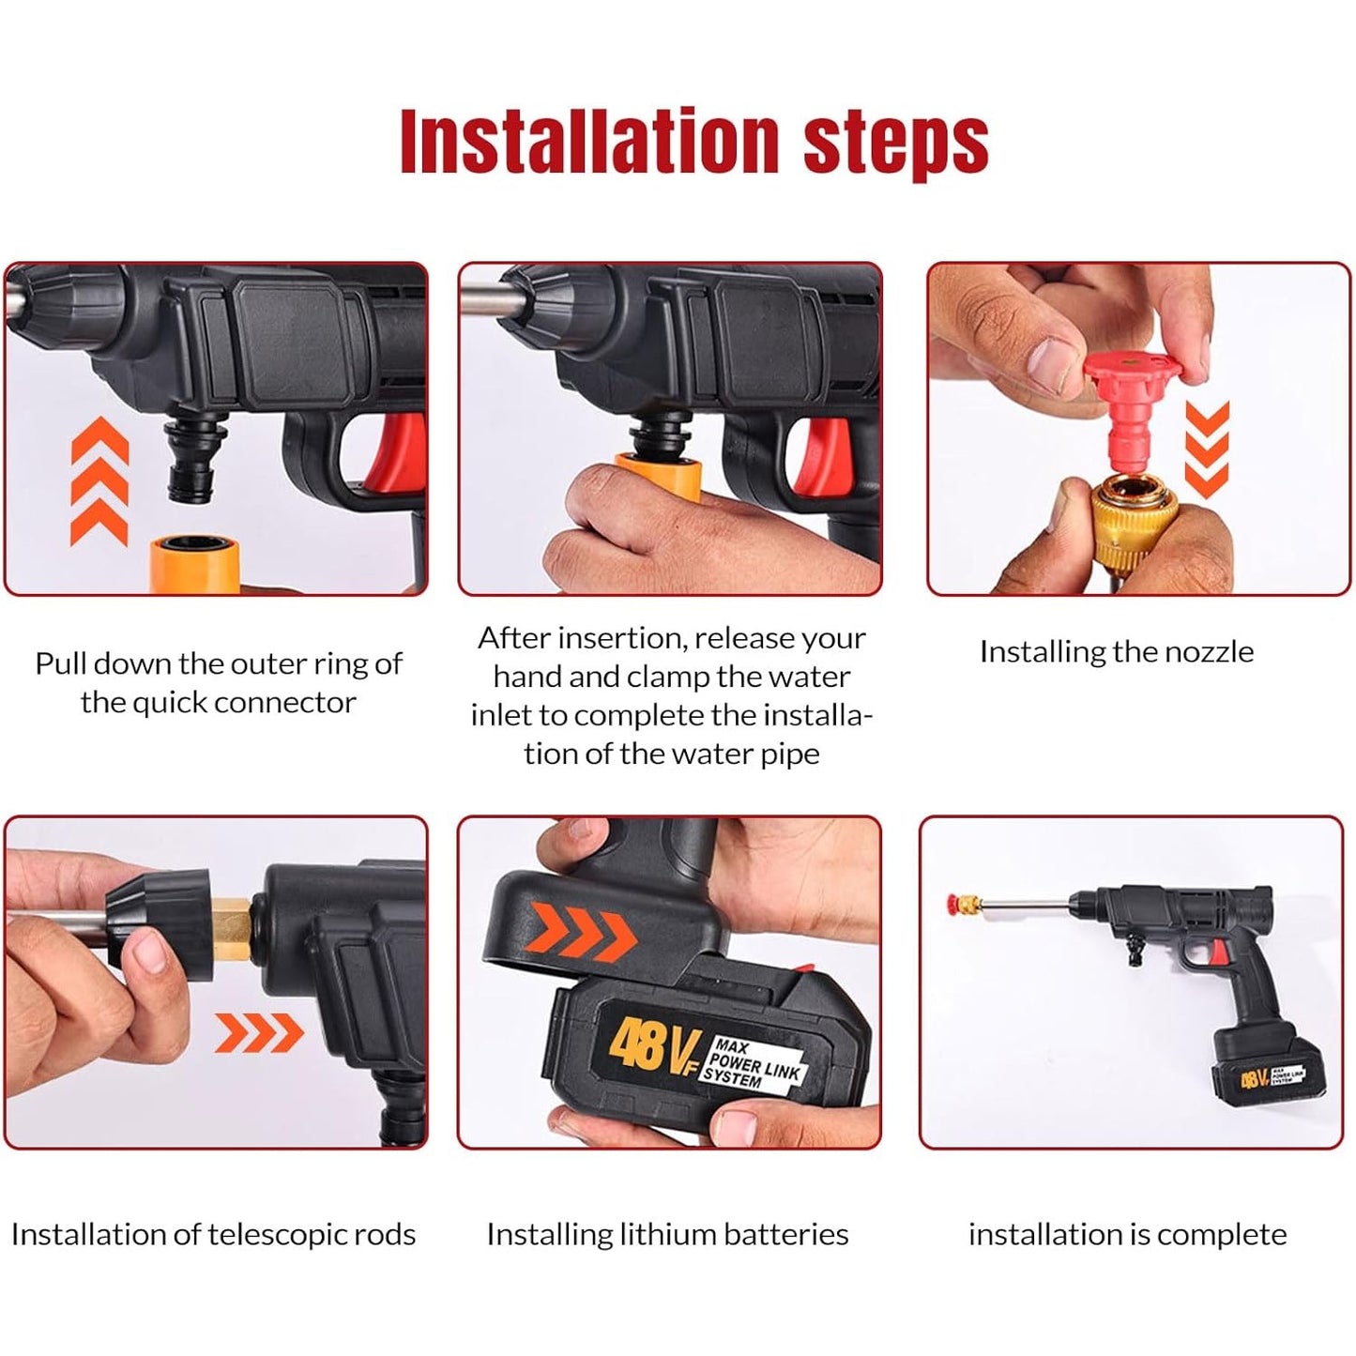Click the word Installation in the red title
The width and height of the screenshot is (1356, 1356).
point(589,142)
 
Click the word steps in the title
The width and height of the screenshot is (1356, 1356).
point(895,142)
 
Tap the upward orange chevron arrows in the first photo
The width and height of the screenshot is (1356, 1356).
point(99,481)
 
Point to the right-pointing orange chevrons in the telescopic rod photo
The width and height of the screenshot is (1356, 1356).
point(259,1033)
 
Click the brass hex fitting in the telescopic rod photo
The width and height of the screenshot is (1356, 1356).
point(230,921)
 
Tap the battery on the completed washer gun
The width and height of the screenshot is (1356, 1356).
point(1257,1071)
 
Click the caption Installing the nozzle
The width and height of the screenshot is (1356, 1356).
point(1116,651)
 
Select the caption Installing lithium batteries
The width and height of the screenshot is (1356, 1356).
point(667,1234)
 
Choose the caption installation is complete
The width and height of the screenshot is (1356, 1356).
point(1127,1234)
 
